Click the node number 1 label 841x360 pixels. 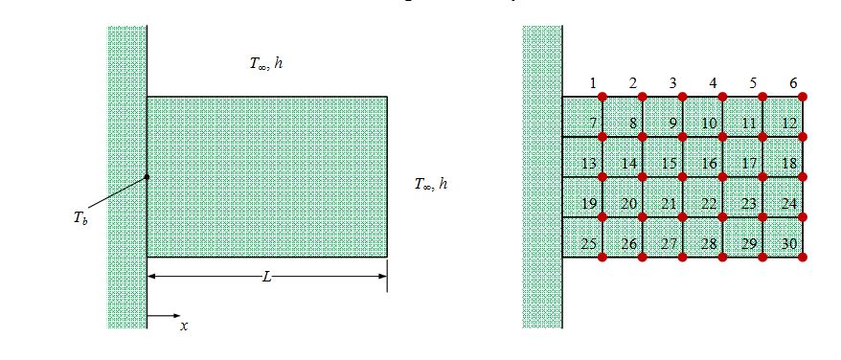coord(594,83)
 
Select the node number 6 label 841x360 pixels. coord(792,83)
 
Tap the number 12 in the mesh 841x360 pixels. coord(789,124)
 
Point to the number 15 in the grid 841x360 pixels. coord(670,164)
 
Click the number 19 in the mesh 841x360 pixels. coord(589,204)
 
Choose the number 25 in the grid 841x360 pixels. coord(589,244)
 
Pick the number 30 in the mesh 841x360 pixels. coord(789,244)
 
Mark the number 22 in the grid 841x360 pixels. coord(710,204)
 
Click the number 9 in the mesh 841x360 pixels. coord(672,124)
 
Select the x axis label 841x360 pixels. coord(184,326)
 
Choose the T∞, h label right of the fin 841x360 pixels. coord(430,184)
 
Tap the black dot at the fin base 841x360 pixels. coord(147,176)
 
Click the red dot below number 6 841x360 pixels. coord(803,97)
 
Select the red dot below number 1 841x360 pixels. coord(602,97)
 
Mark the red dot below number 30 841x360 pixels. coord(803,257)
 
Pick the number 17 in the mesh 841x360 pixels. coord(750,164)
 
